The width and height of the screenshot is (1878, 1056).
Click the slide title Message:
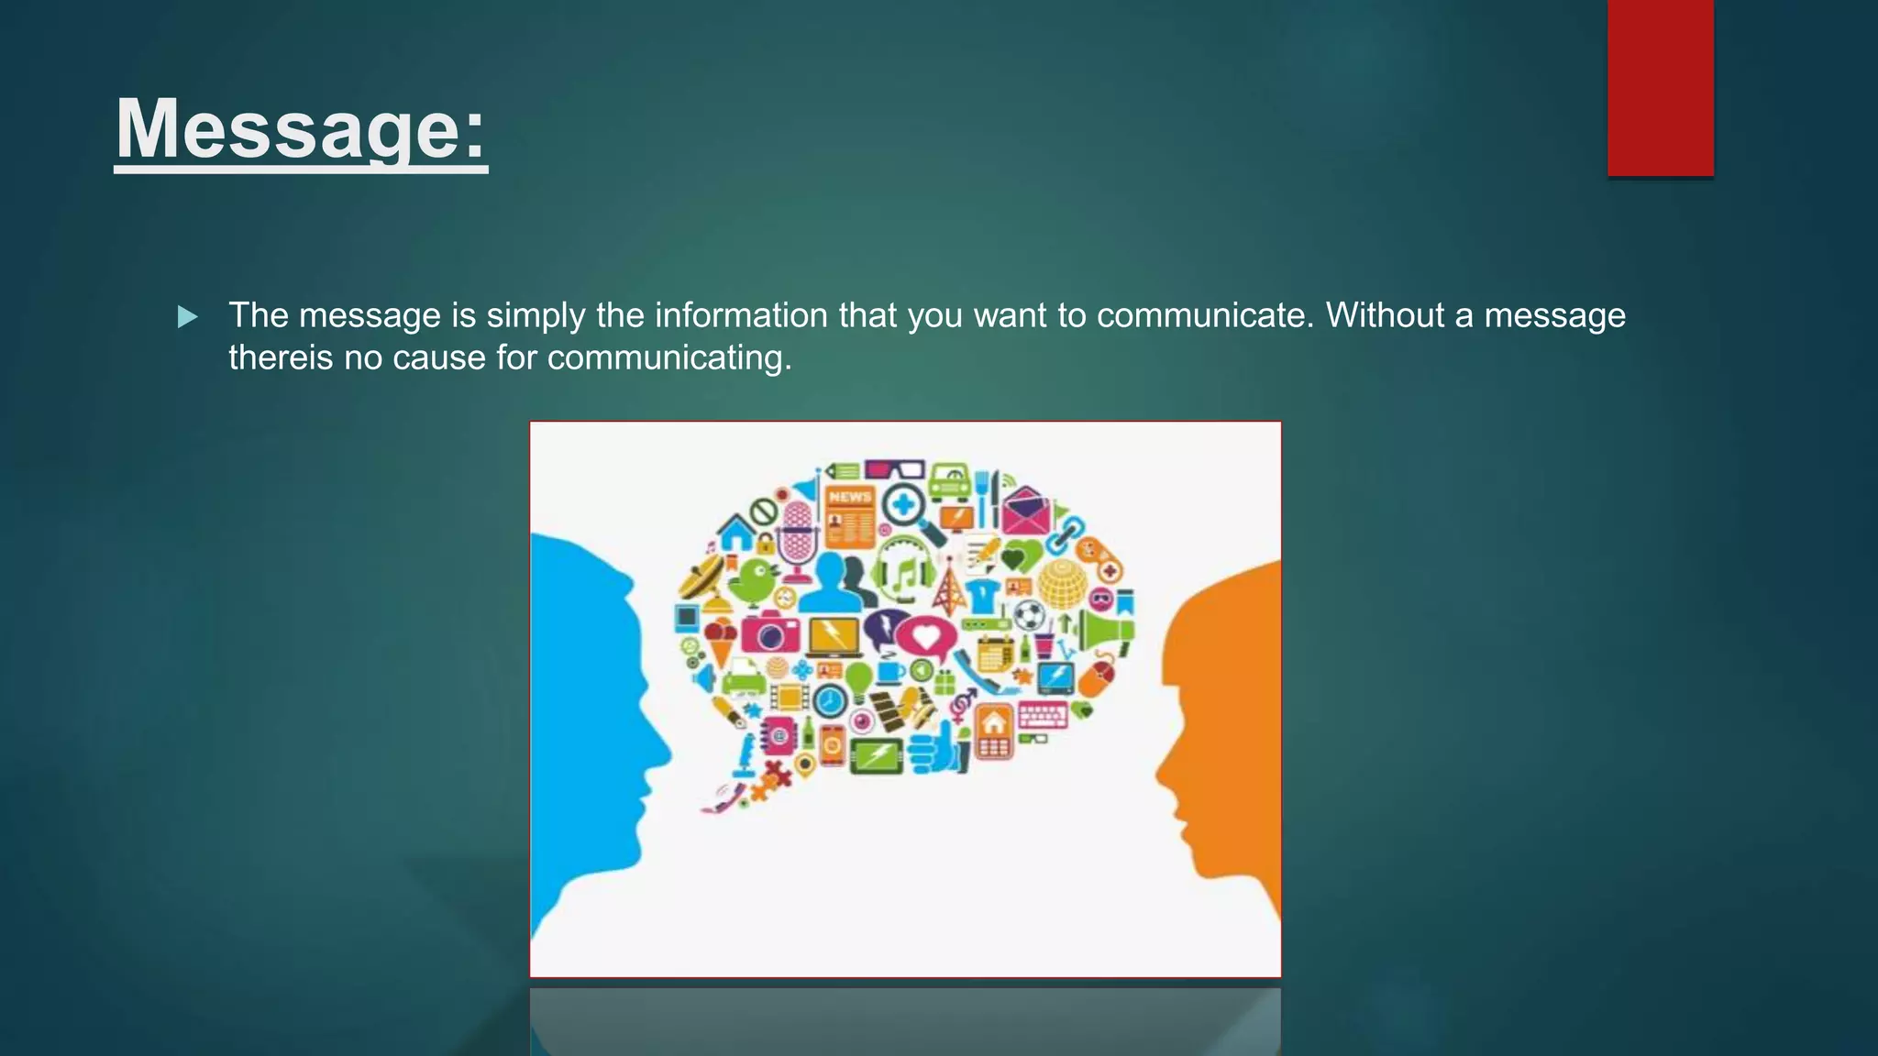coord(301,129)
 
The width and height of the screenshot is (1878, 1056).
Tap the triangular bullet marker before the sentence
coord(188,317)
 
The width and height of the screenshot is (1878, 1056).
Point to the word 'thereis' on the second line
coord(281,357)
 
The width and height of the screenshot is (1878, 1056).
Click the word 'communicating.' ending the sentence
coord(669,357)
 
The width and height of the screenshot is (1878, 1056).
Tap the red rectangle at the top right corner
coord(1660,88)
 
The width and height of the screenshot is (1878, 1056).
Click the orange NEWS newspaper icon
coord(850,515)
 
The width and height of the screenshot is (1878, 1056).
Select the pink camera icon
coord(770,632)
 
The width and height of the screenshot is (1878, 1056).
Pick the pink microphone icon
coord(798,535)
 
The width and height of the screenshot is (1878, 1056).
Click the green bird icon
coord(757,579)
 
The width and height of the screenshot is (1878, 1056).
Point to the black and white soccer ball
coord(1029,614)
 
